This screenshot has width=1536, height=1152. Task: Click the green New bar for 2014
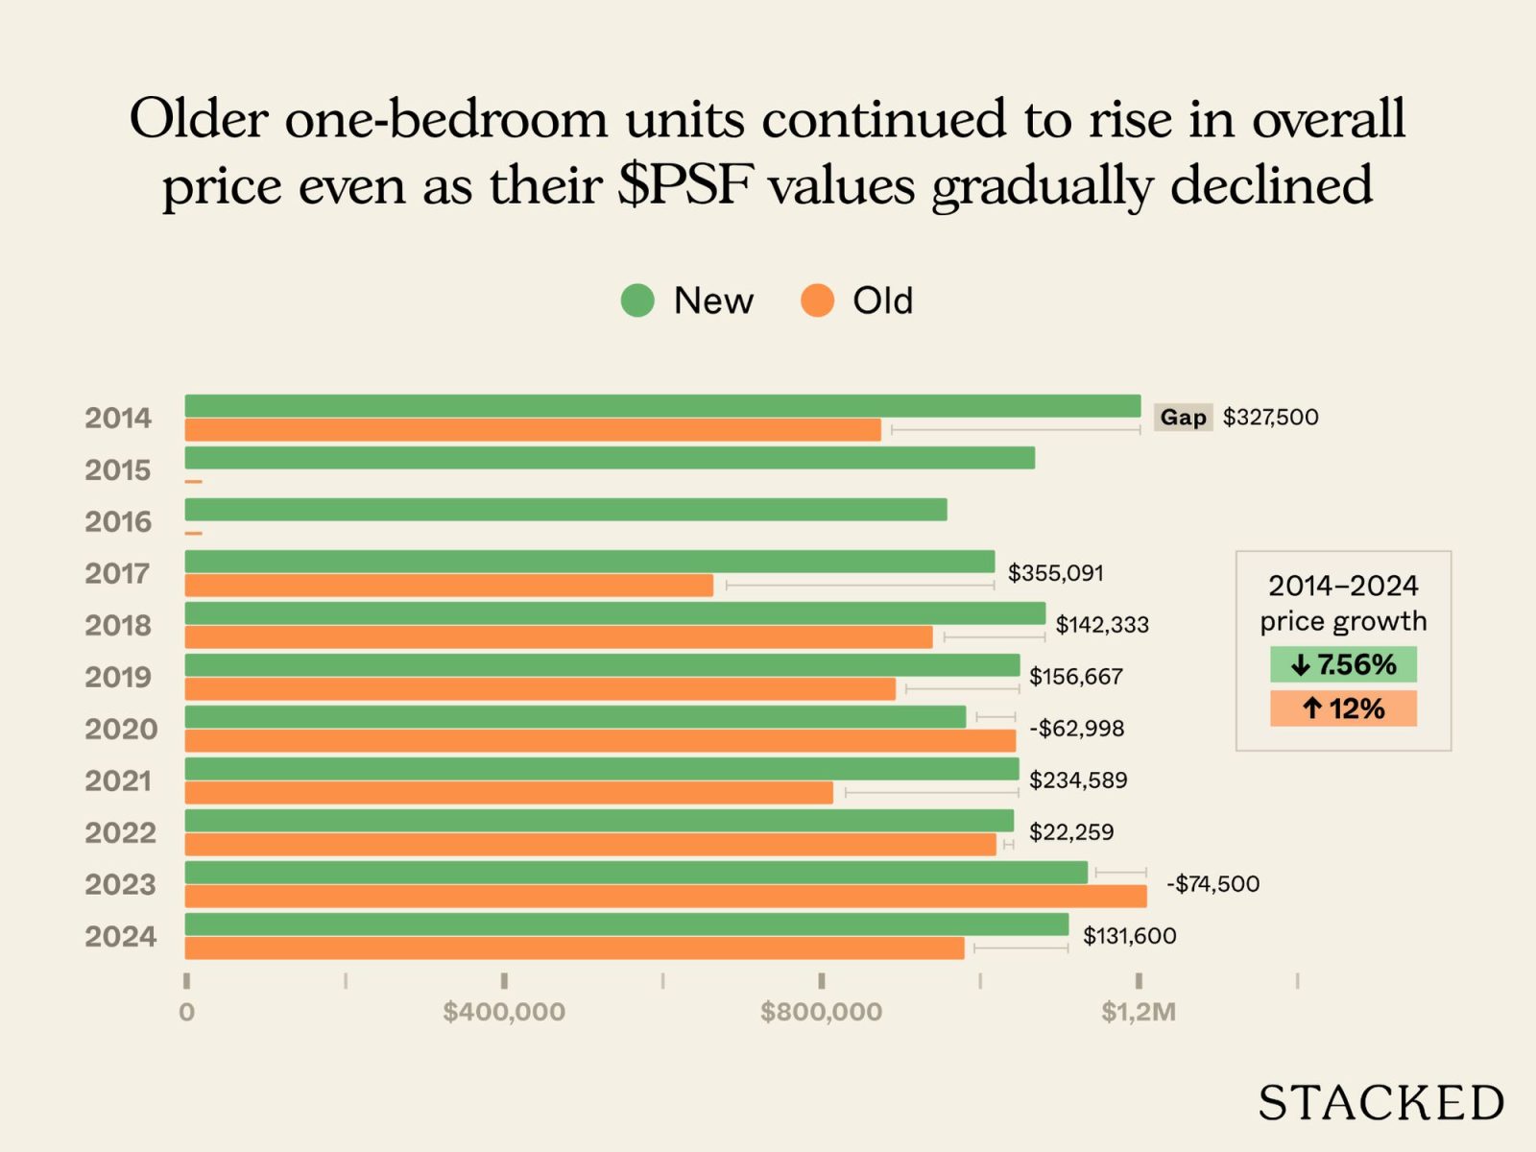click(662, 406)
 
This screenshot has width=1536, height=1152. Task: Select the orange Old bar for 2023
click(665, 897)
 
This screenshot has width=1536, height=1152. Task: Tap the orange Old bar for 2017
click(448, 586)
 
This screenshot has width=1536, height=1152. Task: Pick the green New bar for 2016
click(565, 510)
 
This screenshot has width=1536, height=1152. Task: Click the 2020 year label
click(120, 730)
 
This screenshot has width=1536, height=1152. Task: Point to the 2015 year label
click(118, 470)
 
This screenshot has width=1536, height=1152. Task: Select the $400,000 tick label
click(504, 1012)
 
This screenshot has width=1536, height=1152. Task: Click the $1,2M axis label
click(1139, 1012)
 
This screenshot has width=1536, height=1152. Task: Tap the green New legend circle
click(637, 300)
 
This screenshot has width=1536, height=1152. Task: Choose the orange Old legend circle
click(817, 300)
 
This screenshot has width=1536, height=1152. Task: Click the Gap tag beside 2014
click(1183, 418)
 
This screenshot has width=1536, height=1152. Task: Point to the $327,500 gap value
click(1270, 418)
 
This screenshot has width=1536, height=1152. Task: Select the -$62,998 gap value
click(1076, 729)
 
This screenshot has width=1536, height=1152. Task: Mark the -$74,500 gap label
click(1212, 884)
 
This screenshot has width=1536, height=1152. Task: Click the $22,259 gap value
click(1071, 832)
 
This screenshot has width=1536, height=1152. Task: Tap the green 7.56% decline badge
click(1343, 664)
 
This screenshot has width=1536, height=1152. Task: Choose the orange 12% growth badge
click(1343, 709)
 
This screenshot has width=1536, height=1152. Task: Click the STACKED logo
click(1380, 1103)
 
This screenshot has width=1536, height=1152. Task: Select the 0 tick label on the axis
click(186, 1012)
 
